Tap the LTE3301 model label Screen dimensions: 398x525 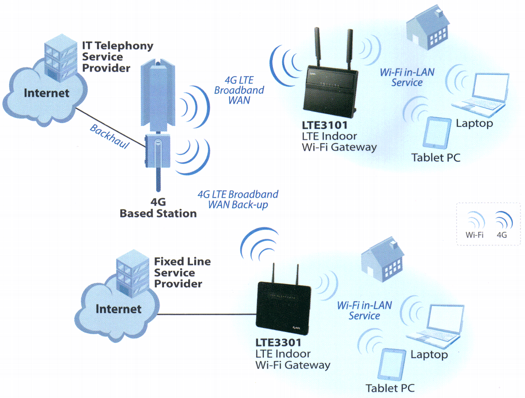(x=278, y=342)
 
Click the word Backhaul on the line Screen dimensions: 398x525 (x=110, y=136)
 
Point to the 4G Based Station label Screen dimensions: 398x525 (x=158, y=208)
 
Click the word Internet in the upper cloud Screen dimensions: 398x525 (x=46, y=93)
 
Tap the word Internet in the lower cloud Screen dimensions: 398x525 (x=118, y=309)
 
